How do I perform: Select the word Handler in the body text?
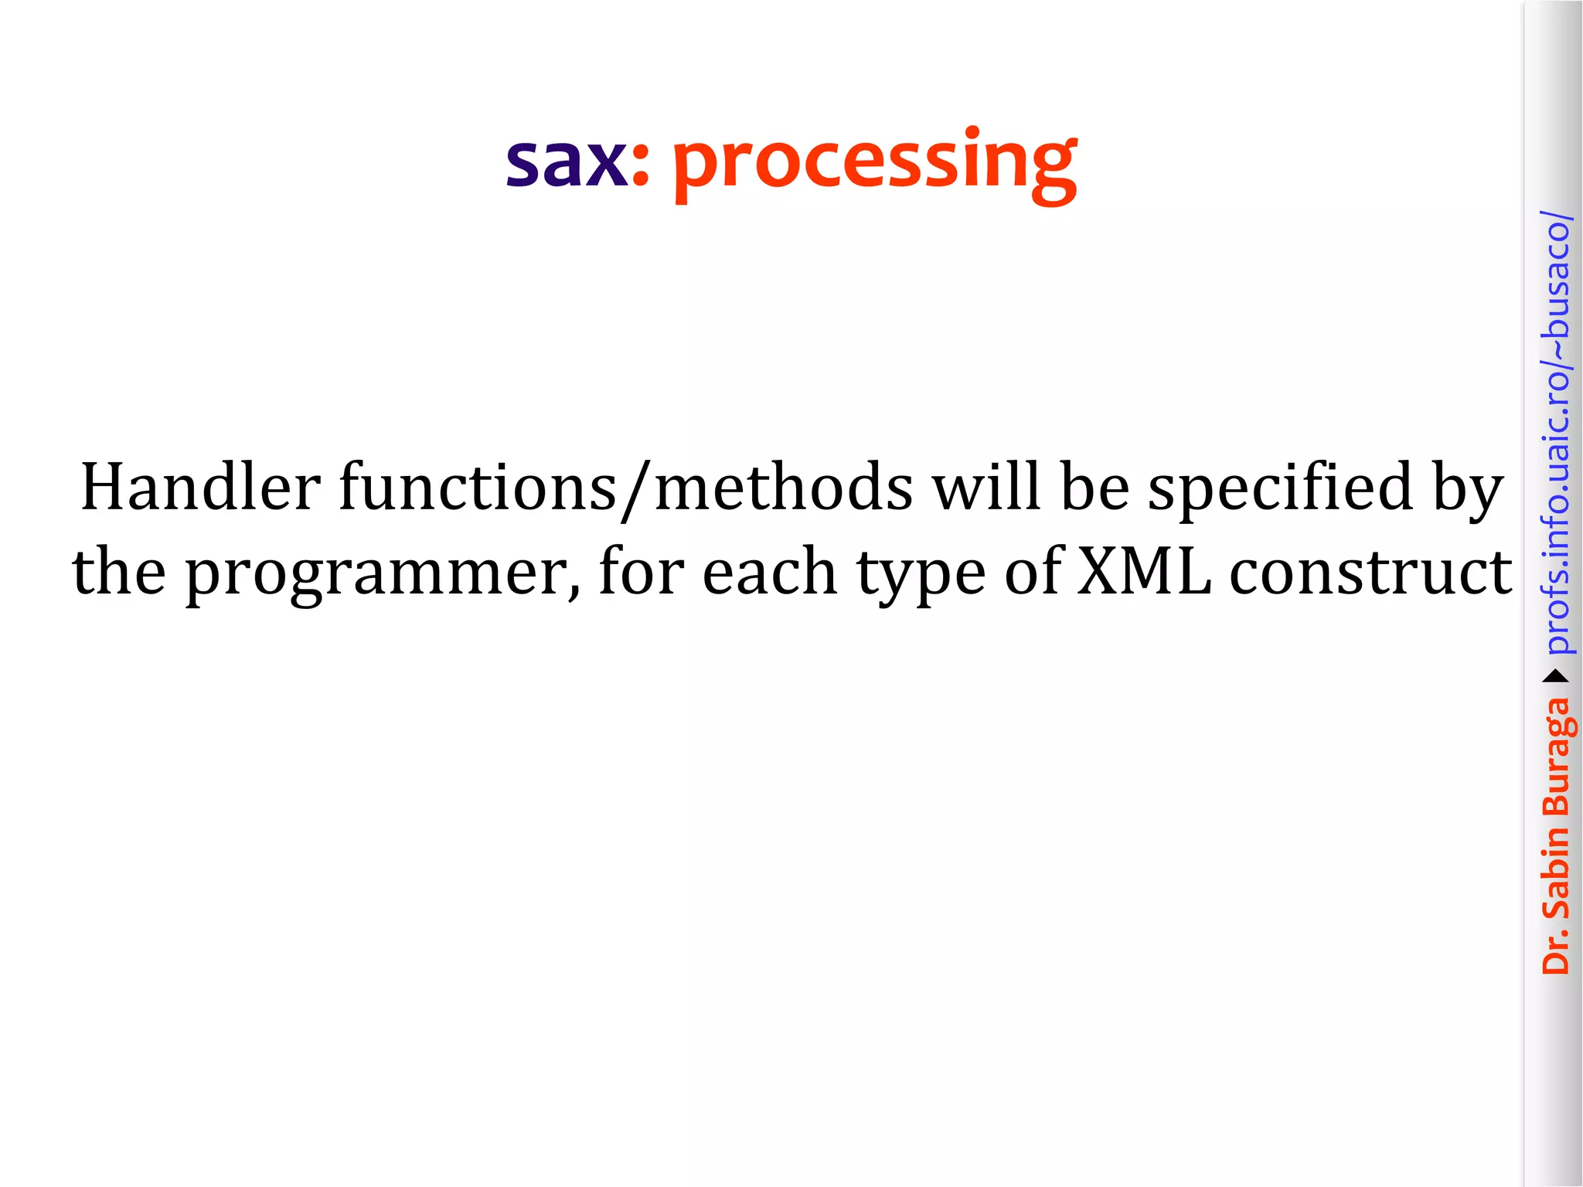(x=200, y=487)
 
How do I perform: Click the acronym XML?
(x=1144, y=572)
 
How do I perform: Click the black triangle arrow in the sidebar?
(x=1556, y=677)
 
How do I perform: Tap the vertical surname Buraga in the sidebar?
(x=1556, y=757)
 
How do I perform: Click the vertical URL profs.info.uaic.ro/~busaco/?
(x=1556, y=433)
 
